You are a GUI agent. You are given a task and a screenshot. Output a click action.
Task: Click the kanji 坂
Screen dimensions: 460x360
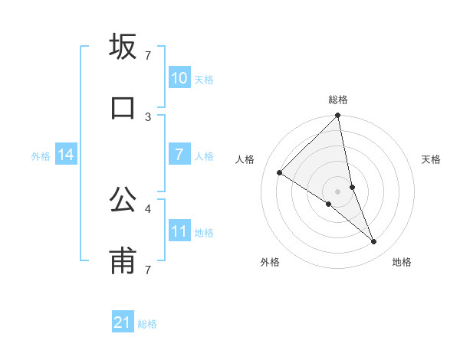123,47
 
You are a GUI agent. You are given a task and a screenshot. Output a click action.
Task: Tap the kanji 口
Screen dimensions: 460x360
123,108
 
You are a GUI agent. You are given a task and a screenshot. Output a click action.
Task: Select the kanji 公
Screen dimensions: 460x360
123,201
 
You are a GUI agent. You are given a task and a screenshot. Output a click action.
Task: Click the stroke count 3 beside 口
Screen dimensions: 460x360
148,116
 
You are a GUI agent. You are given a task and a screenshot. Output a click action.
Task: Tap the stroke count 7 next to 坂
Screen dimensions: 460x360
148,55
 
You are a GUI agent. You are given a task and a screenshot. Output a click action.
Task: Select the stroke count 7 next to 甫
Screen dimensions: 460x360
148,270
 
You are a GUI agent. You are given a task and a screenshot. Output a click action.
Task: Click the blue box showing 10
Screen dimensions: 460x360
179,77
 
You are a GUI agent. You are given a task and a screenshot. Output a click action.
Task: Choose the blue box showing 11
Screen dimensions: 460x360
179,231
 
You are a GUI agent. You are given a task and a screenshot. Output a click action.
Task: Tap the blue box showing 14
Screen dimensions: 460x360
66,155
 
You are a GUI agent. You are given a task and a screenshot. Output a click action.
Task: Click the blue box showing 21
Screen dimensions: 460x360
123,322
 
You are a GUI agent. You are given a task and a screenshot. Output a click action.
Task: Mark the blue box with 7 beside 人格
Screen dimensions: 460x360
179,155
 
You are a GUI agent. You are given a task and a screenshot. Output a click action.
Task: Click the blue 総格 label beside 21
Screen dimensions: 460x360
147,324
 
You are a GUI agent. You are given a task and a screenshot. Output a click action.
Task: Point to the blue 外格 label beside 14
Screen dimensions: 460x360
41,156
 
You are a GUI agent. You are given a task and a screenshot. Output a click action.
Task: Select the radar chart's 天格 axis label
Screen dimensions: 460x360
431,159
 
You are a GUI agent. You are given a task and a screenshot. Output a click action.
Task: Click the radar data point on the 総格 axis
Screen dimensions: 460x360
338,116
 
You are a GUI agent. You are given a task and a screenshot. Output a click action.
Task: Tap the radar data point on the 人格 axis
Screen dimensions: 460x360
280,173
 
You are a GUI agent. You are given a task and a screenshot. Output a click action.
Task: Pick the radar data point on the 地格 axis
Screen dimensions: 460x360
374,242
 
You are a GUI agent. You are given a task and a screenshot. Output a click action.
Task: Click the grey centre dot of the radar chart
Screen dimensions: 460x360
338,191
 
